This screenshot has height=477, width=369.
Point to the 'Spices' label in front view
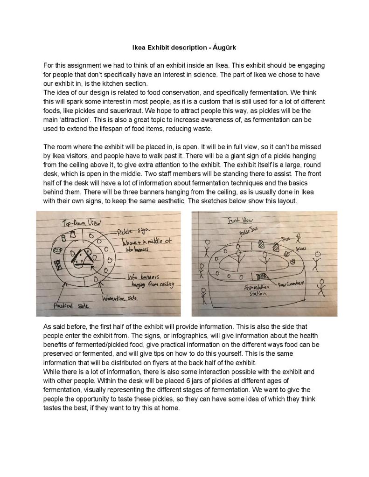(301, 249)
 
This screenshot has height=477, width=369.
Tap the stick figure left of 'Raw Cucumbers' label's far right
(321, 287)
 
